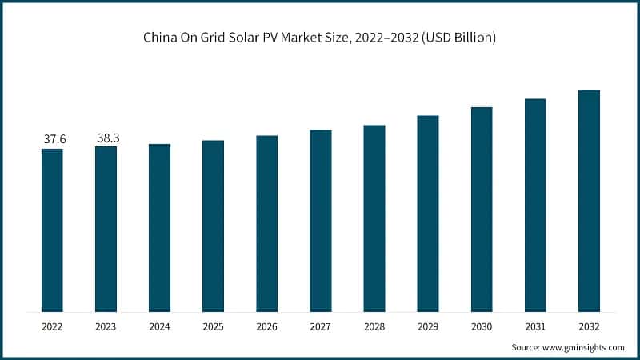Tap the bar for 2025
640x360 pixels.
213,226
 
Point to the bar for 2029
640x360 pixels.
428,214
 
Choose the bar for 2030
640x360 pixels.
482,209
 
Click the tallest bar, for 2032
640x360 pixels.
589,201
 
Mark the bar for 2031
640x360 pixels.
535,206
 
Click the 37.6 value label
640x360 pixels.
54,139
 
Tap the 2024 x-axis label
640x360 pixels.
159,327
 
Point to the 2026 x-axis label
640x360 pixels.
266,327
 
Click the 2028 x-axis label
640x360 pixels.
374,327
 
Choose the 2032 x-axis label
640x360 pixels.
589,327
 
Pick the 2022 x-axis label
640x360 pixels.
53,327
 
